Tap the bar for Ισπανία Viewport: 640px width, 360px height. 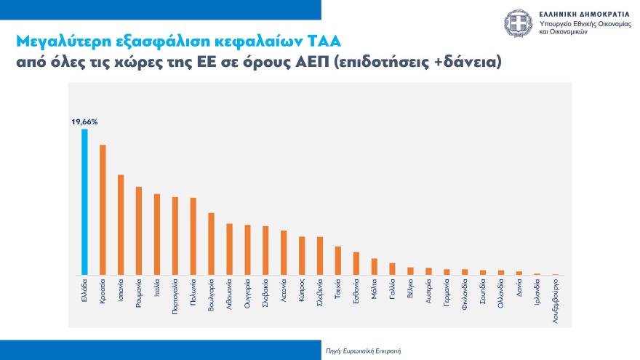click(x=121, y=225)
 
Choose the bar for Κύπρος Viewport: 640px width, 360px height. click(x=302, y=255)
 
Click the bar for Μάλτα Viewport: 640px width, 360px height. click(x=375, y=266)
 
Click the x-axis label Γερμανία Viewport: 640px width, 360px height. click(x=447, y=295)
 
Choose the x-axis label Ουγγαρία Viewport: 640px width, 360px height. click(x=248, y=295)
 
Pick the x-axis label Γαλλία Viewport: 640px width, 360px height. click(x=393, y=291)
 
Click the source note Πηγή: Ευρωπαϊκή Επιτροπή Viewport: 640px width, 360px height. click(x=363, y=351)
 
